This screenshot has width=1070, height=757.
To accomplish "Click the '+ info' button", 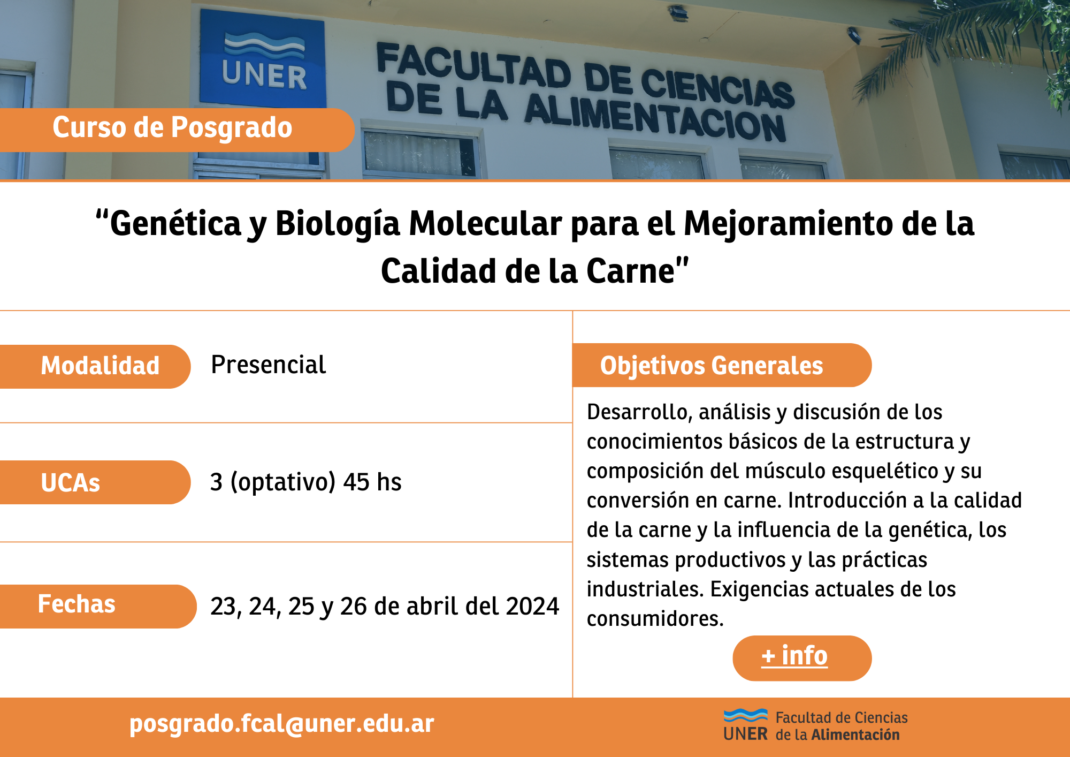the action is click(802, 658).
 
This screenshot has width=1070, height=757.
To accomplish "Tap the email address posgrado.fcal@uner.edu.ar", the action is click(282, 724).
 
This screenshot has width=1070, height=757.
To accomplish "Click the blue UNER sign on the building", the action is click(263, 57).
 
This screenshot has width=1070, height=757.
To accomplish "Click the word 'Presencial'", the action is click(269, 365).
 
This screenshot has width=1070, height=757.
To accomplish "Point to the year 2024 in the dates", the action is click(532, 607).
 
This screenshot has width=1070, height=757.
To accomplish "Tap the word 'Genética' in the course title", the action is click(175, 223).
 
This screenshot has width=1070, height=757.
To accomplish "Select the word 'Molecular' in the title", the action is click(486, 223).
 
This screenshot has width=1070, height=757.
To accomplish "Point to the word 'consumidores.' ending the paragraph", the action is click(655, 619).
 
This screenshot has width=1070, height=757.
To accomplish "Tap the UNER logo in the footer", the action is click(746, 725).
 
